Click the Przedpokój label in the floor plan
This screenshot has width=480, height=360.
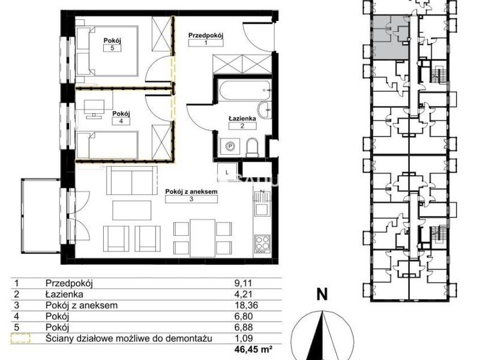tap(206, 35)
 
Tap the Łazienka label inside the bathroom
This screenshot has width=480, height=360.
tap(242, 118)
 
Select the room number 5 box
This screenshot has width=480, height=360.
tap(112, 48)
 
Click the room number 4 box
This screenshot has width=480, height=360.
tap(121, 121)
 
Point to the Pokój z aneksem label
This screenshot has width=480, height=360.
tap(191, 191)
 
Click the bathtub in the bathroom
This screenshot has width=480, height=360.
tap(244, 89)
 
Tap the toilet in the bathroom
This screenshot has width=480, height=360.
tap(252, 147)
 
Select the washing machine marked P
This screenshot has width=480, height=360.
tap(230, 146)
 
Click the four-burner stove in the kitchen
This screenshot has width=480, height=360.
tap(262, 244)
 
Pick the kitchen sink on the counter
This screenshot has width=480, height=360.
tap(262, 203)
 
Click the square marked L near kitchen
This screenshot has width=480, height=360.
tap(227, 172)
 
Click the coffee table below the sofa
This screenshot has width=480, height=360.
tap(131, 210)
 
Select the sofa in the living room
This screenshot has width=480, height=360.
tap(132, 181)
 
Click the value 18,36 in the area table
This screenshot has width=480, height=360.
tap(246, 305)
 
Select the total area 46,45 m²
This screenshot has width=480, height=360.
tap(253, 349)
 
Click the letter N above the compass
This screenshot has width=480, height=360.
tap(322, 295)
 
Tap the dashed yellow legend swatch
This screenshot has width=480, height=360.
tap(20, 338)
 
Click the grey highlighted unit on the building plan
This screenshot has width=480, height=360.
tap(391, 37)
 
